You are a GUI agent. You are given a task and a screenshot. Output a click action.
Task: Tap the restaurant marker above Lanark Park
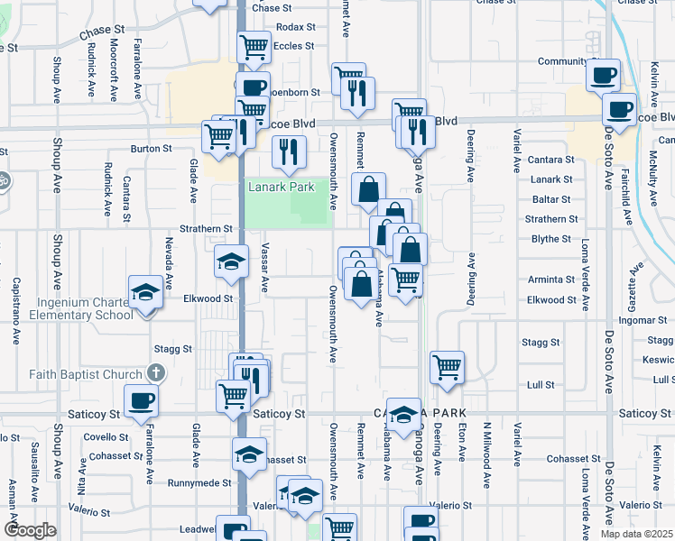point(289,151)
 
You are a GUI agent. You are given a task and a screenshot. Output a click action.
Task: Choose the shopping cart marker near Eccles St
point(254,47)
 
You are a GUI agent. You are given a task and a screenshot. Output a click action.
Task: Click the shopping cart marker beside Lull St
point(447,367)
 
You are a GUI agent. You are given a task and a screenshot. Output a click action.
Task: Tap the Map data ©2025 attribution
point(637,534)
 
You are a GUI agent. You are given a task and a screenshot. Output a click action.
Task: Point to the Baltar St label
point(551,199)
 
